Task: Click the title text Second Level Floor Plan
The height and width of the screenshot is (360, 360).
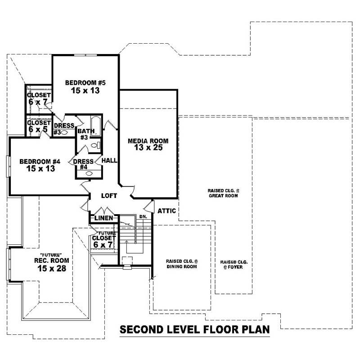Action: pyautogui.click(x=195, y=329)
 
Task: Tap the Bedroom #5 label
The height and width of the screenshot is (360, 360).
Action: pyautogui.click(x=85, y=86)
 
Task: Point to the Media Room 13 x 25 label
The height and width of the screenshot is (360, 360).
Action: pyautogui.click(x=148, y=144)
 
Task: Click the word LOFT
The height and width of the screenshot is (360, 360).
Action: pyautogui.click(x=109, y=196)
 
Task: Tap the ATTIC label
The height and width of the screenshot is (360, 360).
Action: pyautogui.click(x=166, y=211)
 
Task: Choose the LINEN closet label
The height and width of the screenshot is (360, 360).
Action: pyautogui.click(x=103, y=219)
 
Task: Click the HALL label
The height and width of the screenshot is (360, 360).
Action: pyautogui.click(x=109, y=161)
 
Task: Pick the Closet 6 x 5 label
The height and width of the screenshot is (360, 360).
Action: pyautogui.click(x=39, y=126)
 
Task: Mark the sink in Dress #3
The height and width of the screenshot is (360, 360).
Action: pyautogui.click(x=64, y=133)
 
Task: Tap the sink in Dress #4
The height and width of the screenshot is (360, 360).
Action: pyautogui.click(x=88, y=173)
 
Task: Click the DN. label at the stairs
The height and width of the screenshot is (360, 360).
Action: pyautogui.click(x=143, y=217)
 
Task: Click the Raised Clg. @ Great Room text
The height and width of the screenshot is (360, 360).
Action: pyautogui.click(x=223, y=193)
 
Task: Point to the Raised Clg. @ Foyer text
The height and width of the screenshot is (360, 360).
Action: pyautogui.click(x=234, y=265)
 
